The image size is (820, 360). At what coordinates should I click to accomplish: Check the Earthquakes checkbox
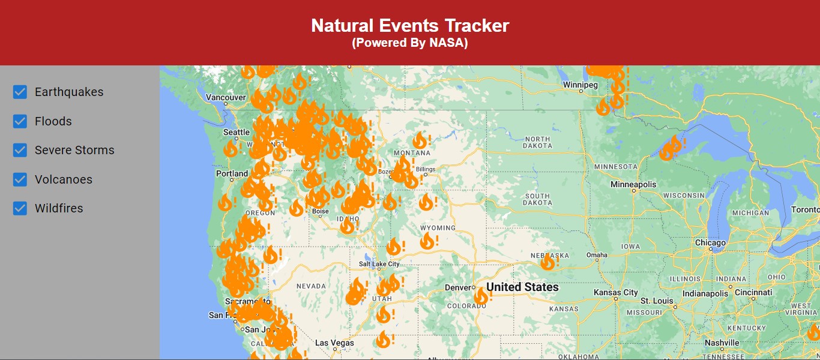point(20,92)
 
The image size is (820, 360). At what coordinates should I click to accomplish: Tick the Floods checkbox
point(20,121)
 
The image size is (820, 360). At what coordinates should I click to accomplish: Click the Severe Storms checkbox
point(20,150)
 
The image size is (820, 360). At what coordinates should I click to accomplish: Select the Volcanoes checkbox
point(20,179)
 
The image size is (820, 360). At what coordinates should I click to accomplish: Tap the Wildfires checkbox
point(20,208)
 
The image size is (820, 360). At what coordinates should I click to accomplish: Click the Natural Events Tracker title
point(410,26)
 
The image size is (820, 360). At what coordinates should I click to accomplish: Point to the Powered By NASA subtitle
point(410,43)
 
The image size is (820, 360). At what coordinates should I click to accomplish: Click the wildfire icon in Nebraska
point(547,262)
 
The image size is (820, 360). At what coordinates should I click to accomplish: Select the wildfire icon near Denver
point(481,296)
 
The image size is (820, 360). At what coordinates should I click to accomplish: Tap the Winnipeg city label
point(580,85)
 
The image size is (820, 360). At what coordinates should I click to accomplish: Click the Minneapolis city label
point(634,184)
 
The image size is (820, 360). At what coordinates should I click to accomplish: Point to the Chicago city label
point(710,243)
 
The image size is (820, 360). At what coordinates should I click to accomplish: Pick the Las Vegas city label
point(334,343)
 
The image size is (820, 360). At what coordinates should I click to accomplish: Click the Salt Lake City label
point(379,264)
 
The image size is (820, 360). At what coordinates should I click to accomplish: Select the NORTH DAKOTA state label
point(537,142)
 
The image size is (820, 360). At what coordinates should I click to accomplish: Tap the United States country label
point(522,287)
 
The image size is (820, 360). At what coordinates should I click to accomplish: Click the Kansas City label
point(615,292)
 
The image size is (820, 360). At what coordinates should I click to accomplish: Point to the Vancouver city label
point(226,97)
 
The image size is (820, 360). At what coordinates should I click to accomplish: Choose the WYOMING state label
point(438,228)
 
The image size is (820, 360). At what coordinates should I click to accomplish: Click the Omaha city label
point(597,255)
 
